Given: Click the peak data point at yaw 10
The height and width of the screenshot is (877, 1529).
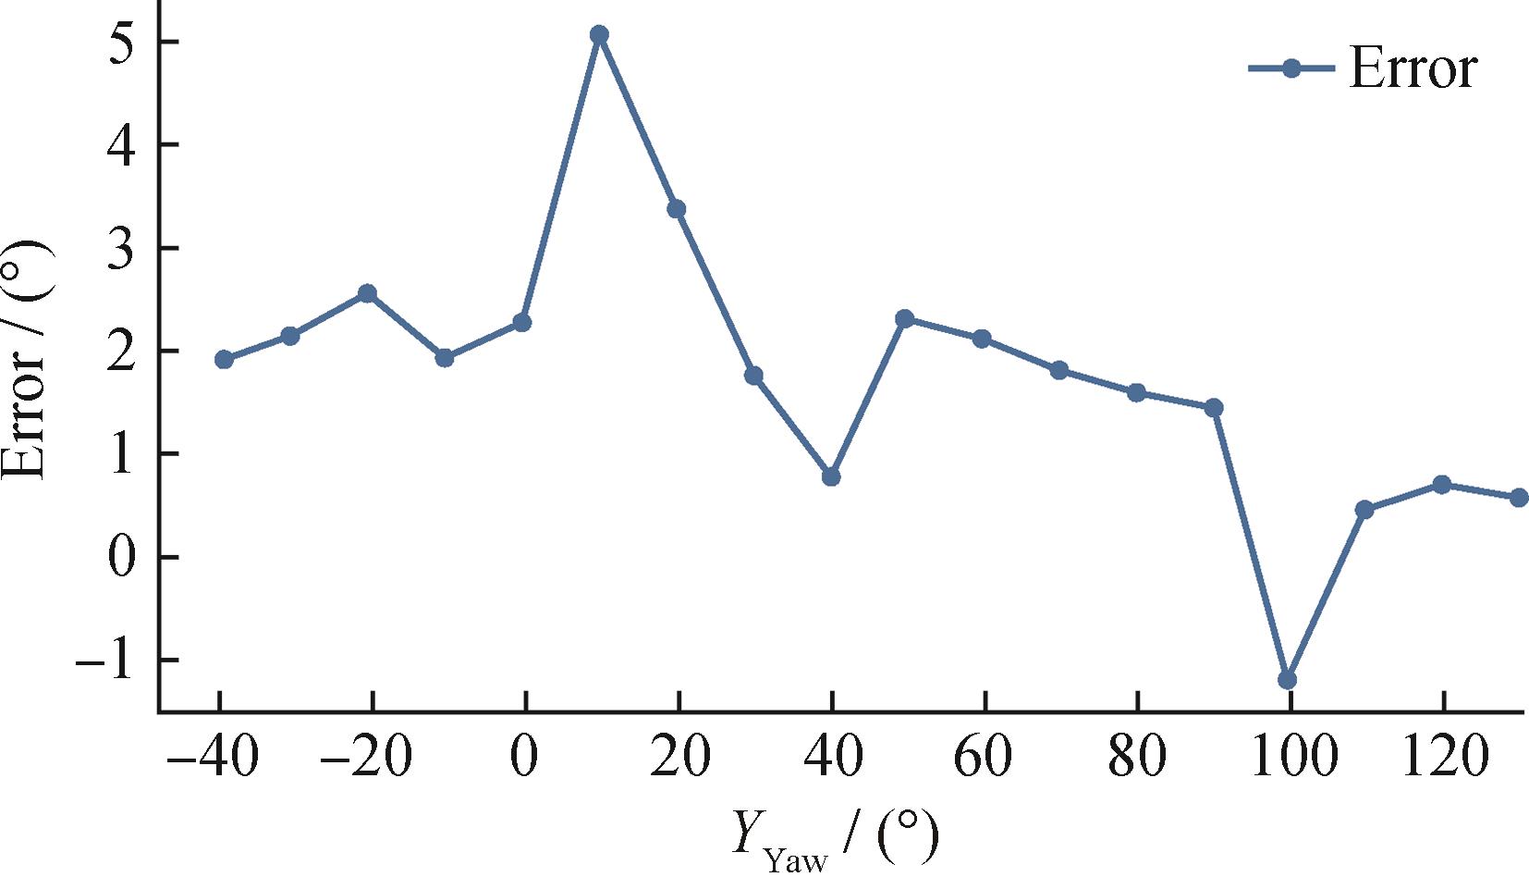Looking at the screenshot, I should tap(599, 35).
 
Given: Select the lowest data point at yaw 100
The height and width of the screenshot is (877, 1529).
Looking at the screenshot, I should tap(1287, 680).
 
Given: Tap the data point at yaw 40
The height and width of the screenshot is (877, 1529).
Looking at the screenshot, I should tap(831, 476).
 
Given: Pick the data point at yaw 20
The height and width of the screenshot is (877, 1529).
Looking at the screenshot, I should tap(676, 209).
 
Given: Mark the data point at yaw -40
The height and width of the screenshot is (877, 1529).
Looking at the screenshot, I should tap(224, 359).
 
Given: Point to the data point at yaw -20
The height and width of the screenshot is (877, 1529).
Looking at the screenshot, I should tap(367, 293).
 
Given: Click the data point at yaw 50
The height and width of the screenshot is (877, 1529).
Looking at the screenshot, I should tap(905, 319).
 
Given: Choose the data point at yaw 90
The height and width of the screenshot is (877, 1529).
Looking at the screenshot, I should tap(1214, 408).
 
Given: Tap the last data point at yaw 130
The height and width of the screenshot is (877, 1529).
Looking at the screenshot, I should tap(1519, 498).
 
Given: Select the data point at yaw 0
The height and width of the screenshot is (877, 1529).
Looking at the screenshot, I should tap(522, 322).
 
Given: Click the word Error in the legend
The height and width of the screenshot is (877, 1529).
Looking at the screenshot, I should tap(1413, 68).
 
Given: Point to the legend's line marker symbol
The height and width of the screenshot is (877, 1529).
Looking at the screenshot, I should tap(1291, 68).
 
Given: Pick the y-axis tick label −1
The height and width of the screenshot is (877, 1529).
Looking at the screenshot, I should tap(105, 661).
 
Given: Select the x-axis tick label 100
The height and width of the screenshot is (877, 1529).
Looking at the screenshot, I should tap(1292, 757).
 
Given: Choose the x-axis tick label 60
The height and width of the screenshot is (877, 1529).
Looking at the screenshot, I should tap(984, 757).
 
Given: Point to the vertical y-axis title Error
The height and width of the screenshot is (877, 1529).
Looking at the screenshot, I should tap(26, 361).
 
